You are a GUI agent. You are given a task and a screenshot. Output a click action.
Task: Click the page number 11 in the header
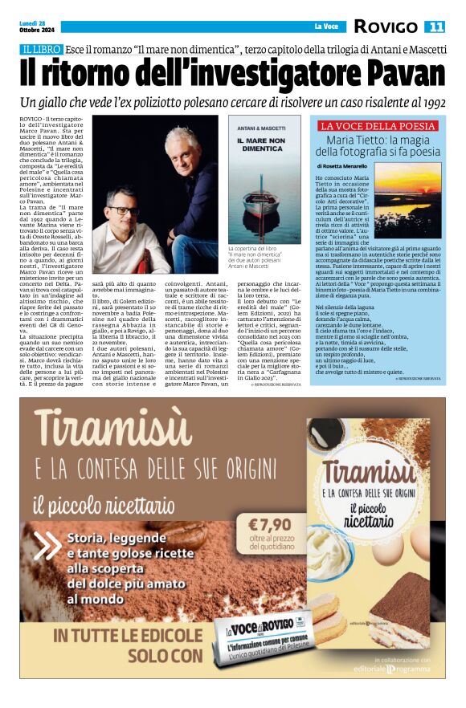(x=436, y=26)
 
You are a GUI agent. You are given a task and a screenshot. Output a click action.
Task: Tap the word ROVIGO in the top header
(x=386, y=26)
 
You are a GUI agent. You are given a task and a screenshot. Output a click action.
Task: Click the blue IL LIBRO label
(x=43, y=50)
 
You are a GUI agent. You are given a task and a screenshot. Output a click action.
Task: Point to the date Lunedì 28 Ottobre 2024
(x=31, y=26)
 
